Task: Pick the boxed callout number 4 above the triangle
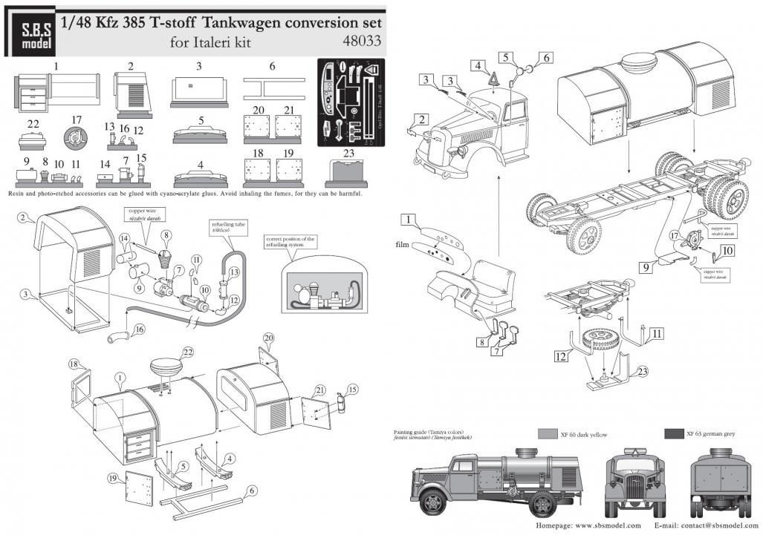(479, 65)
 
